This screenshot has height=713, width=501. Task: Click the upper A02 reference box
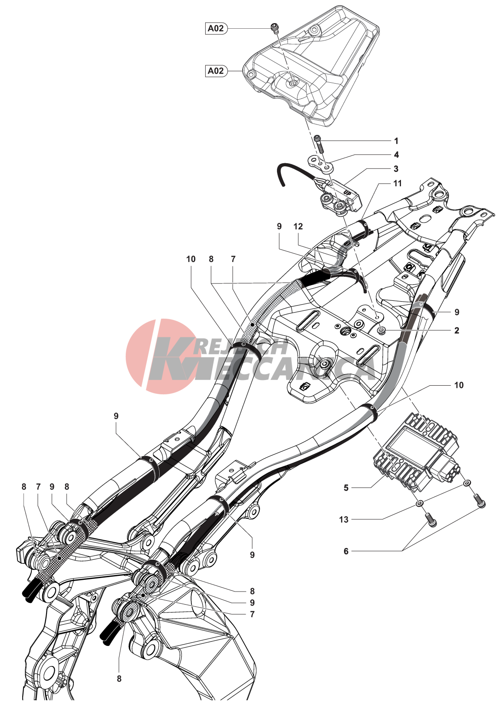216,28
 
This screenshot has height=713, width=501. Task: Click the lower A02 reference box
216,71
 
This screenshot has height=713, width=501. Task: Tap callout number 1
396,141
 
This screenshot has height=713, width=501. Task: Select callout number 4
396,155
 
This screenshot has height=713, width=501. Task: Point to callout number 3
396,168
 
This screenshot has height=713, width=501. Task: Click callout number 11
397,183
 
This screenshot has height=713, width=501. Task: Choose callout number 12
298,226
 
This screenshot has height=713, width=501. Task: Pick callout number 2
457,330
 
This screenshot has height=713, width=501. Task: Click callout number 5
346,488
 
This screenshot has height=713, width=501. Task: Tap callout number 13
344,519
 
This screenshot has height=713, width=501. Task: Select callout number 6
346,551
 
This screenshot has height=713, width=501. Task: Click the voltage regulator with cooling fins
415,453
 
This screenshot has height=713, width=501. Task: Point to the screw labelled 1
319,143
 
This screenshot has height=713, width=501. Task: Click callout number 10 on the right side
459,385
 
